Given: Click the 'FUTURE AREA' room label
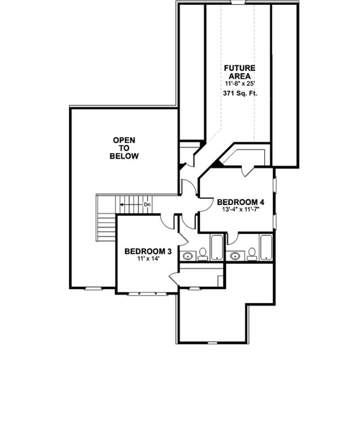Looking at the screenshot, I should tap(240, 72).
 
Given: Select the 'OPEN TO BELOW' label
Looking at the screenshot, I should tap(124, 148).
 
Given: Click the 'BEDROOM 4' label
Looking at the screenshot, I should tap(237, 202).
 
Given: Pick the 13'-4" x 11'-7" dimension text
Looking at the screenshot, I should tap(237, 210).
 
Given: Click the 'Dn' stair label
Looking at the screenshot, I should tap(147, 205).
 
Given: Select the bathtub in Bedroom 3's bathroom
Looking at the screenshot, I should tap(217, 247).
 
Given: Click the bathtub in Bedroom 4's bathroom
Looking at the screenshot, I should tap(266, 247).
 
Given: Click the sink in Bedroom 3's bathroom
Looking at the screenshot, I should tap(187, 257).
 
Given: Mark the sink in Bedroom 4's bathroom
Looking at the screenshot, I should tap(234, 257).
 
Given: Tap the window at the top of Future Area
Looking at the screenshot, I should tap(238, 2).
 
